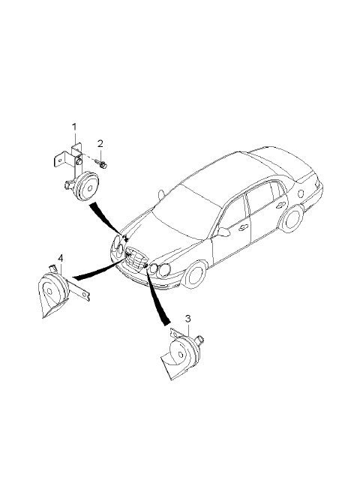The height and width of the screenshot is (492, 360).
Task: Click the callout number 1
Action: coord(74,127)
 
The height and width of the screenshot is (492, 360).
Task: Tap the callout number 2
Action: coord(100,144)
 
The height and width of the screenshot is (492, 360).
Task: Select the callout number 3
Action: coord(187,319)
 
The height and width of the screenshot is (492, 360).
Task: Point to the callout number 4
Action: coord(61,258)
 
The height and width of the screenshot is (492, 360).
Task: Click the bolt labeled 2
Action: coord(101,164)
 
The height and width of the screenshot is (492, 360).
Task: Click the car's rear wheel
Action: coord(292,218)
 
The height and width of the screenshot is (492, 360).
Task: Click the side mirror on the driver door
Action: coord(223,232)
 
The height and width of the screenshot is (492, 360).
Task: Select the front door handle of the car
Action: coord(242,228)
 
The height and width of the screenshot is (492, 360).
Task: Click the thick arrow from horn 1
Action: coord(107,220)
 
